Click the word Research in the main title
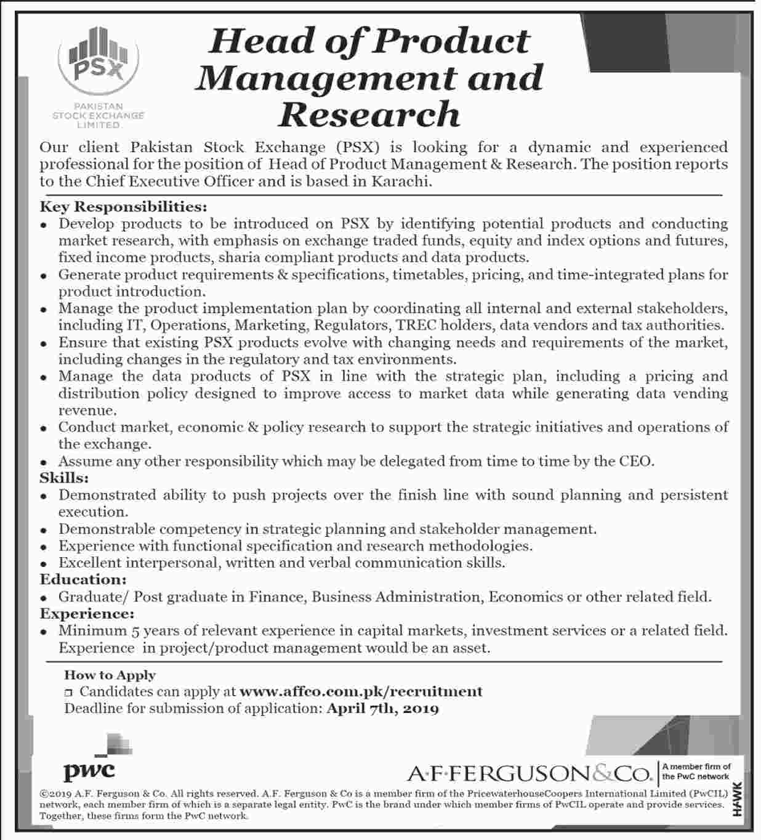tap(369, 114)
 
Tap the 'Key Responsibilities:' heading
tap(123, 206)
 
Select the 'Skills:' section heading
tap(65, 478)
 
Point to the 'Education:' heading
tap(83, 579)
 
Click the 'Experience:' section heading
tap(87, 614)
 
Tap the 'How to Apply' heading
tap(110, 675)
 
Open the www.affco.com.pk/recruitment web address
tap(361, 691)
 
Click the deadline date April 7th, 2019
tap(382, 709)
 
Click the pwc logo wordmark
tap(89, 770)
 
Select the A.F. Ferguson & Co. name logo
tap(529, 773)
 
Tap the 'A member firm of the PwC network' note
tap(696, 772)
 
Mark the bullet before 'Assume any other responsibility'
tap(44, 462)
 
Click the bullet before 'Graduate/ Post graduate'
tap(44, 598)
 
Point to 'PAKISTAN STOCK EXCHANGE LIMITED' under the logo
tap(99, 115)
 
